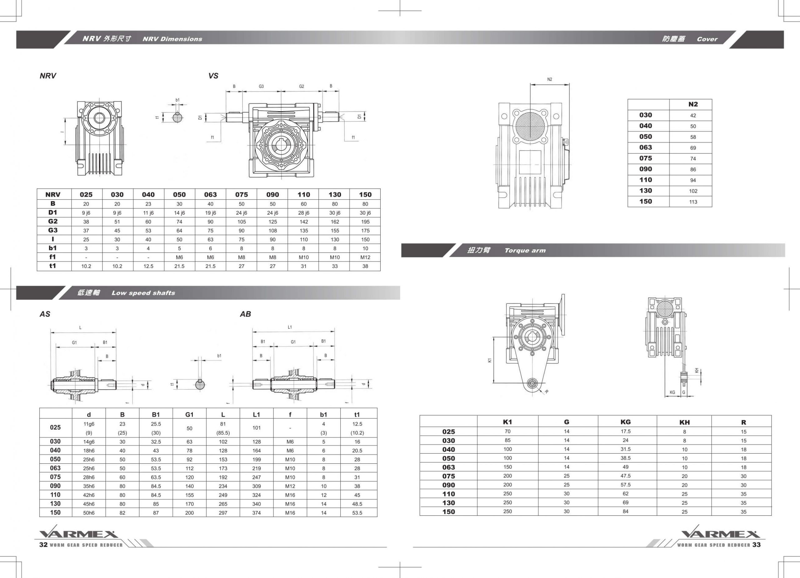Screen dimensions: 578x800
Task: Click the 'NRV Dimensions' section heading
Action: coord(172,39)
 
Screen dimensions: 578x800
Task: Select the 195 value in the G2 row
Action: coord(365,222)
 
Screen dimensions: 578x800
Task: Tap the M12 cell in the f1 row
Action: coord(365,257)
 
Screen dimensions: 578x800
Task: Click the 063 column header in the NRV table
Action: coord(210,195)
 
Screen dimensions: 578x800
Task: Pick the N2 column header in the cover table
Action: coord(693,104)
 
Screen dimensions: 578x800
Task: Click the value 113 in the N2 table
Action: coord(693,202)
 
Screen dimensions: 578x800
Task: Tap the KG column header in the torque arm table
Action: coord(625,422)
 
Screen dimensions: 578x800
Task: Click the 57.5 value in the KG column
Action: coord(625,485)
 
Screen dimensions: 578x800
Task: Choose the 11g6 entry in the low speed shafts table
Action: coord(89,424)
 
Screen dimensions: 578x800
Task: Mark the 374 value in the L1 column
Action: coord(257,513)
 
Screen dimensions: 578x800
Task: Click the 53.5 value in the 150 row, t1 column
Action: coord(357,513)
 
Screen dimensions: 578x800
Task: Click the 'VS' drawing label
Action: coord(213,76)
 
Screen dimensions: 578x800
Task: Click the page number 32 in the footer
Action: coord(43,545)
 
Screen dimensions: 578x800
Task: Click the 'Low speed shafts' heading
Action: coord(143,293)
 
